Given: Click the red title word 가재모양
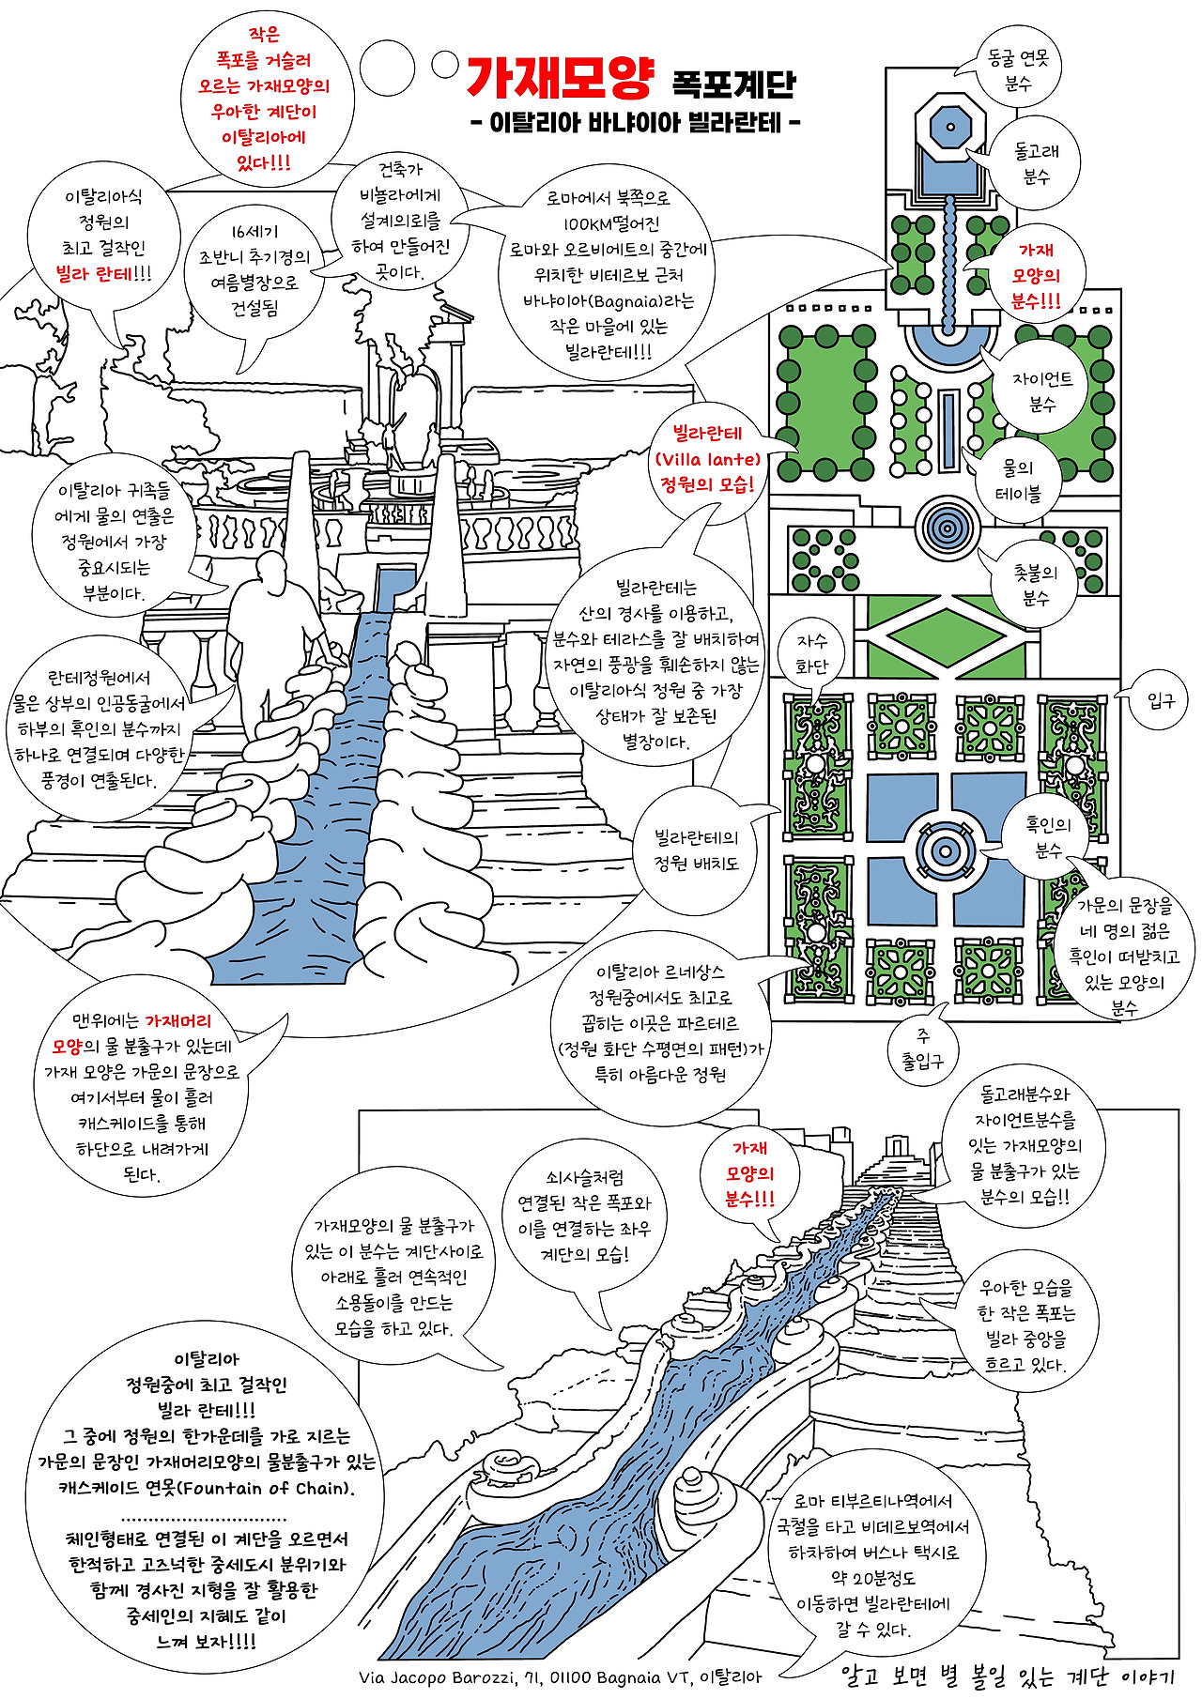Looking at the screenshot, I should [559, 77].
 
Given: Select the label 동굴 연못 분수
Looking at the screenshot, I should [1018, 70].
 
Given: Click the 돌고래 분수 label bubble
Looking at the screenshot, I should [1036, 163].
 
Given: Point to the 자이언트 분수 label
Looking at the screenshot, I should [1042, 391].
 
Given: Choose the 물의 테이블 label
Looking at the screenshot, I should [1018, 480].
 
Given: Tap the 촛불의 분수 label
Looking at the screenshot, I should [1035, 584].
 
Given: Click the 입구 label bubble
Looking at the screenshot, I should [1161, 700].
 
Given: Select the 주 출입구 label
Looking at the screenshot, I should [922, 1048].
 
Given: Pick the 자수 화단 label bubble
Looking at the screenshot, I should [811, 653].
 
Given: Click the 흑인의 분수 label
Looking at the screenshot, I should [1048, 836].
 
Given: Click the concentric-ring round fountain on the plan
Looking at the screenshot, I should [948, 528].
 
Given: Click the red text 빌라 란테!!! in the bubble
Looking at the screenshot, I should [103, 274].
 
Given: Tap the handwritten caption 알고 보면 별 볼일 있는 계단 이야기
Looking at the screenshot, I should [1008, 1676].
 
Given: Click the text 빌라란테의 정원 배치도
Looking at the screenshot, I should [697, 850].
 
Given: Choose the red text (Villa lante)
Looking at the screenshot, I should [707, 459].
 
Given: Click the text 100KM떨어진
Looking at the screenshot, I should [611, 223].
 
